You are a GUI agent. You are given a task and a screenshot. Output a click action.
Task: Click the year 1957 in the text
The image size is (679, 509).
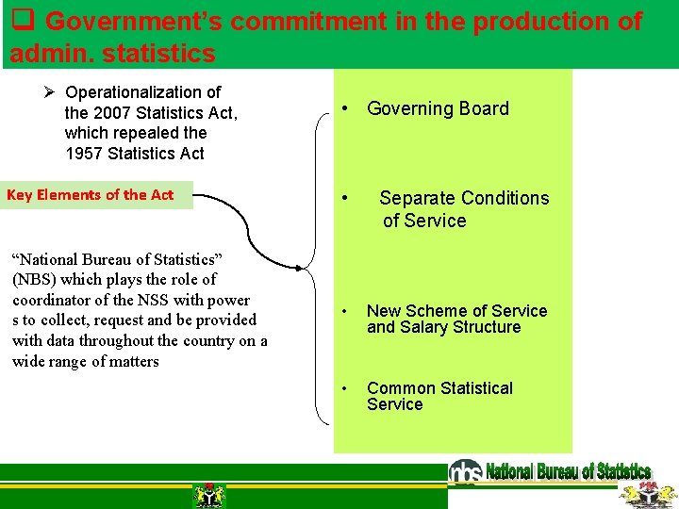pyautogui.click(x=84, y=154)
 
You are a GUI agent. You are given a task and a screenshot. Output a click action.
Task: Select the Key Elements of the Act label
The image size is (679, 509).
pyautogui.click(x=91, y=195)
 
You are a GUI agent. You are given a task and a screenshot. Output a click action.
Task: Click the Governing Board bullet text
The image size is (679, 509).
pyautogui.click(x=438, y=109)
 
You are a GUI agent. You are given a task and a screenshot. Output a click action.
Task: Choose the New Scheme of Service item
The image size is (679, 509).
pyautogui.click(x=456, y=311)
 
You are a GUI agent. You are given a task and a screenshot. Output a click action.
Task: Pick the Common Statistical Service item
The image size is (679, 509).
pyautogui.click(x=439, y=396)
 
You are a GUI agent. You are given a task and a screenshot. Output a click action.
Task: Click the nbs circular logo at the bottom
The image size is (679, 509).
pyautogui.click(x=465, y=471)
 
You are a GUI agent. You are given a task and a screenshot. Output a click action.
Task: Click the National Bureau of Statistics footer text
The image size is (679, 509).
pyautogui.click(x=568, y=471)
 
